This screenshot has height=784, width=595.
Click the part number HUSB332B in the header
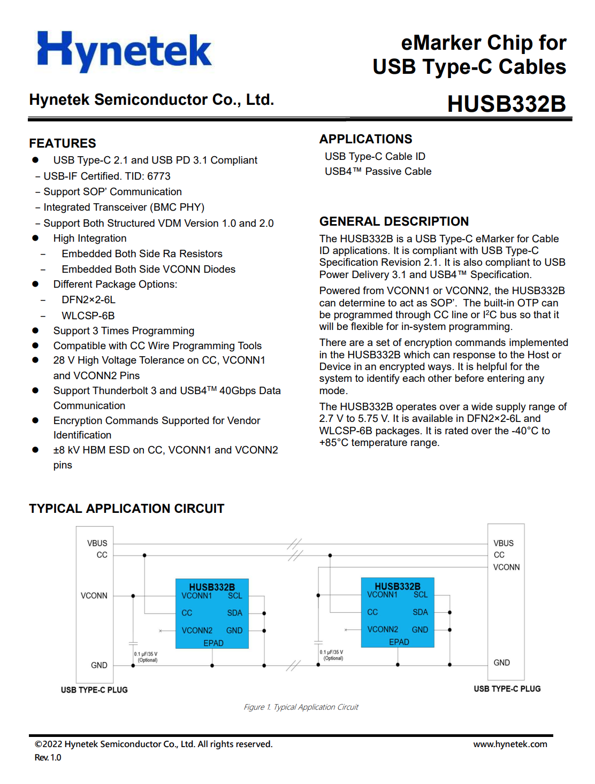click(506, 104)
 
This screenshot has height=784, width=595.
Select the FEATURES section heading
click(63, 143)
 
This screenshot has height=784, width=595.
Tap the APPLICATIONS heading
click(365, 139)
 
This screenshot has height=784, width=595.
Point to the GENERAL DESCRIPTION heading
click(394, 221)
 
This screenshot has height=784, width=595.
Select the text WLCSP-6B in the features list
click(88, 316)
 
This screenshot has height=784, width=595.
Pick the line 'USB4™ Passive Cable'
click(378, 171)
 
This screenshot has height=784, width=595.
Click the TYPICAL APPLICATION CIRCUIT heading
click(127, 509)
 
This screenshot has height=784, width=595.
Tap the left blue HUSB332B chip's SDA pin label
click(234, 613)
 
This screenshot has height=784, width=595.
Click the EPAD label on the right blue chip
click(399, 642)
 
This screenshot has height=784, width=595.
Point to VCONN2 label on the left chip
click(197, 631)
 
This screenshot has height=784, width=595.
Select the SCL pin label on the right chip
click(421, 595)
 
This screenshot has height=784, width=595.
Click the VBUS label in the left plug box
click(97, 543)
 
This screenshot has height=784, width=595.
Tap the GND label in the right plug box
click(501, 663)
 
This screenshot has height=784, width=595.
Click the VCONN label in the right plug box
click(506, 567)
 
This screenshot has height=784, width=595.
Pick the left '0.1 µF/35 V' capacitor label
click(146, 654)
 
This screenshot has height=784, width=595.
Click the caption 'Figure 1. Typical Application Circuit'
click(301, 707)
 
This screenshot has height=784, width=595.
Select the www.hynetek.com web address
click(510, 744)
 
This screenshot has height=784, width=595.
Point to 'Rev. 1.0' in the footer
click(48, 757)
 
